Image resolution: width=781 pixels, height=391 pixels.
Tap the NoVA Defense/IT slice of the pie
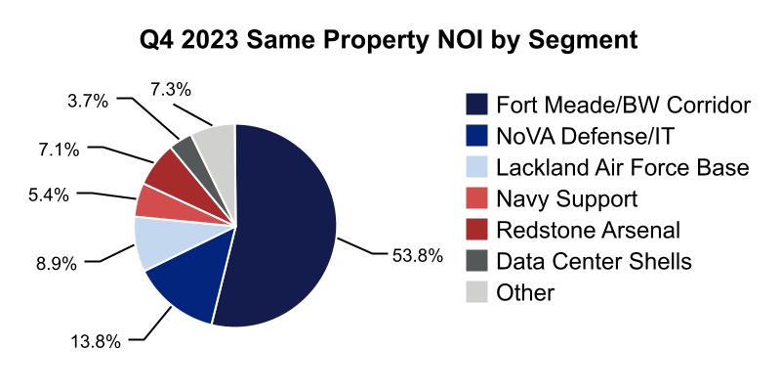tap(185, 288)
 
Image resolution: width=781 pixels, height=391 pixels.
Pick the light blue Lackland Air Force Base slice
tap(156, 241)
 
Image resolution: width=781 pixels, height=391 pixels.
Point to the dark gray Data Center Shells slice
tap(185, 150)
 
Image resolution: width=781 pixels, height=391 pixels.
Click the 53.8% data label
tap(417, 257)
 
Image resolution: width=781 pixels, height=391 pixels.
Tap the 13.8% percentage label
tap(95, 341)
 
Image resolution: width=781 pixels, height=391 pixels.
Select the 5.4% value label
tap(48, 195)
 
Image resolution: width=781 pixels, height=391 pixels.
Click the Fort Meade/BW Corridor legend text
tap(623, 105)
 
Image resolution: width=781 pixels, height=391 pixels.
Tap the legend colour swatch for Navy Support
tap(477, 199)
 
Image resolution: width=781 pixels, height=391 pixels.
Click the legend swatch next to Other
tap(477, 293)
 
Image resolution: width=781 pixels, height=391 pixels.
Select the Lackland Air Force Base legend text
tap(623, 168)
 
